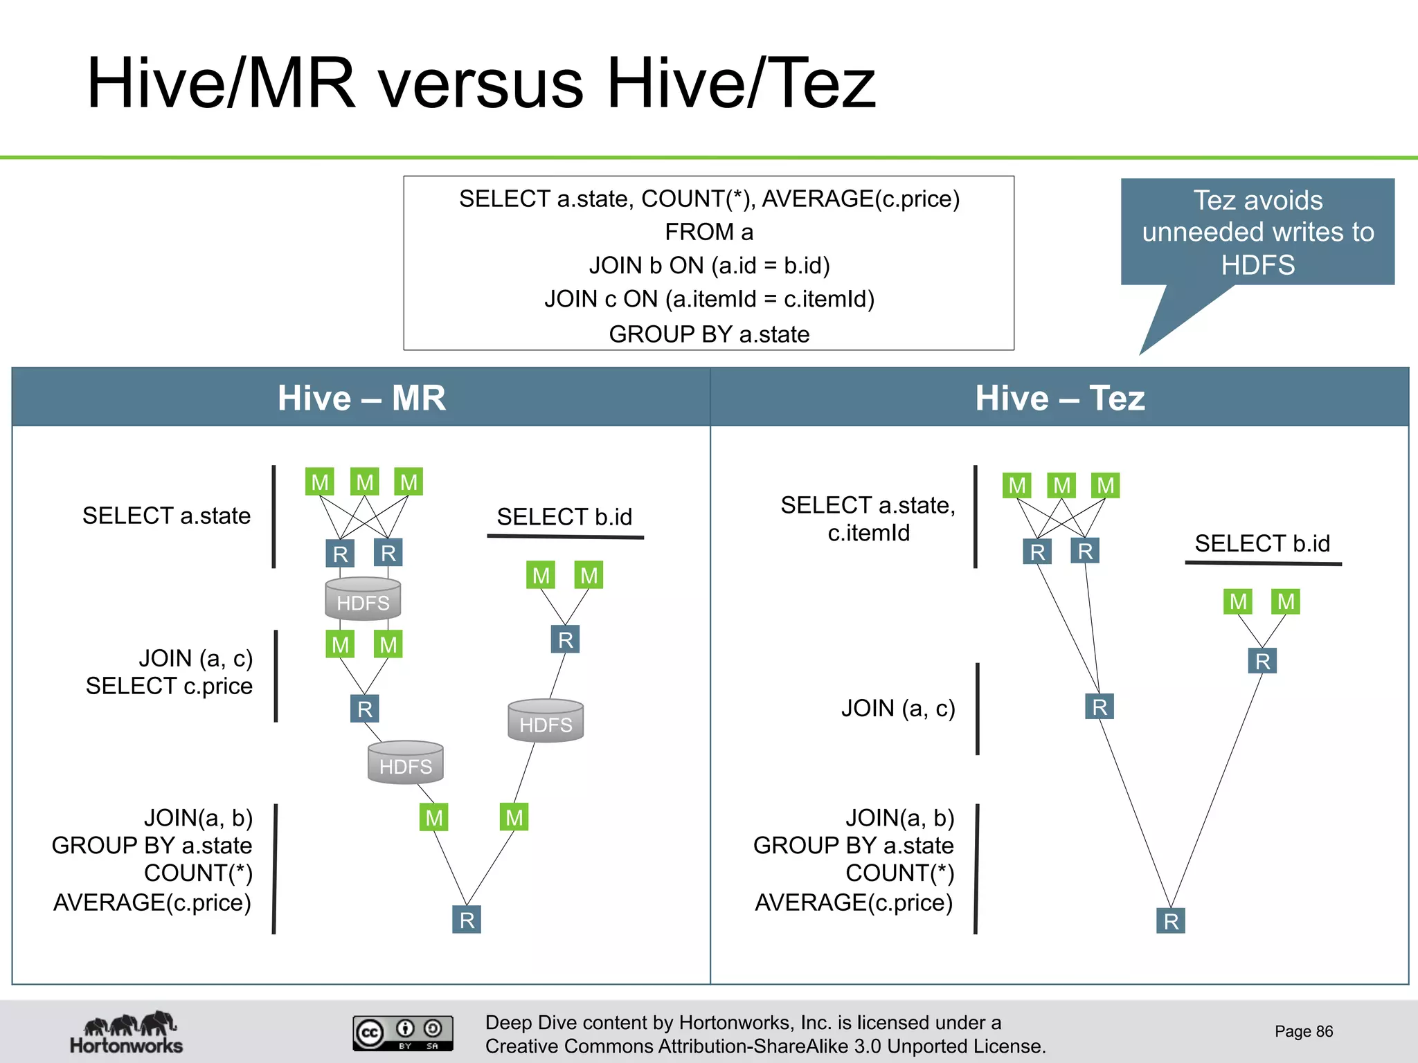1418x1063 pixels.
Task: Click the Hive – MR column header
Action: coord(361,398)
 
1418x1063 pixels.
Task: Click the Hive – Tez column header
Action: coord(1059,398)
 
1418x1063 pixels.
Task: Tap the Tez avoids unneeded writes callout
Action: coord(1257,233)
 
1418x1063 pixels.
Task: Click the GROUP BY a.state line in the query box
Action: coord(709,334)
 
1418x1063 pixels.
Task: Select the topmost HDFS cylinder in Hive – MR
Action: coord(363,599)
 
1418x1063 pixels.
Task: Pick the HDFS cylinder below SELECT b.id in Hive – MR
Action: coord(546,721)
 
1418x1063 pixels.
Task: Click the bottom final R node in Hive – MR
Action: coord(467,920)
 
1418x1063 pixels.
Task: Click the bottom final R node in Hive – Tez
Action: coord(1171,921)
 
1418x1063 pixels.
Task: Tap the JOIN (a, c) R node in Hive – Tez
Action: coord(1100,707)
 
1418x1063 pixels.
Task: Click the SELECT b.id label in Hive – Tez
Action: coord(1262,544)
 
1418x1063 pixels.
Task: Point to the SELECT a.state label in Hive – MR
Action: coord(166,516)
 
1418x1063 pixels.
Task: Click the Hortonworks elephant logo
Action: coord(127,1032)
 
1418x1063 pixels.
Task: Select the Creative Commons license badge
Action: coord(403,1033)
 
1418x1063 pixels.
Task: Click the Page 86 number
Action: coord(1303,1031)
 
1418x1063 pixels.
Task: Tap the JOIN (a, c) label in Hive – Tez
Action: coord(898,708)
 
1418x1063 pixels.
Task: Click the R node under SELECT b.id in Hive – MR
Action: coord(565,639)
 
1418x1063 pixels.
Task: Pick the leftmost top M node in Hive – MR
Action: coord(320,482)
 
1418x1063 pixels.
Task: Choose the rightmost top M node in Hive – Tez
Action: coord(1106,485)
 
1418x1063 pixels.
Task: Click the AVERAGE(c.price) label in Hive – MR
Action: coord(152,902)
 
